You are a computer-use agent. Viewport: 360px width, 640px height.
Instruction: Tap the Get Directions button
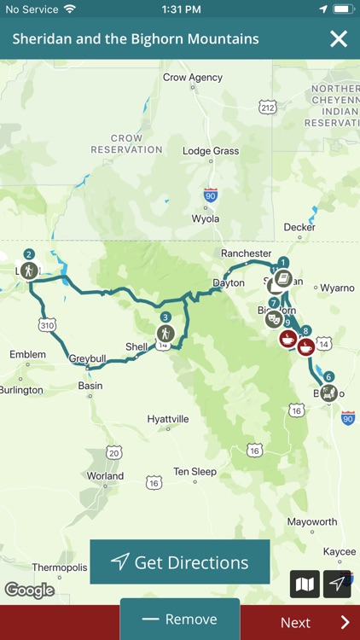[x=180, y=561]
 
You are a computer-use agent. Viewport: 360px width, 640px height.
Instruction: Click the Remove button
[x=180, y=620]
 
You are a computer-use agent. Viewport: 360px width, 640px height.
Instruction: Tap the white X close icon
[x=339, y=38]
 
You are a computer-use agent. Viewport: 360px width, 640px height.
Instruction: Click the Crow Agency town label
[x=192, y=78]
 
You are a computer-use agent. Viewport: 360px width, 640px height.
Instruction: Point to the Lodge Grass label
[x=211, y=151]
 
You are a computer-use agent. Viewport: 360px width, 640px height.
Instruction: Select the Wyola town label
[x=205, y=218]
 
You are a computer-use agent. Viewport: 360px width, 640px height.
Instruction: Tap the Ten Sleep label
[x=195, y=471]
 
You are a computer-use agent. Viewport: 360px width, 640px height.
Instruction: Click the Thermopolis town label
[x=60, y=567]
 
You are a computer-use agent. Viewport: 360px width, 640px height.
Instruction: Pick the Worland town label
[x=105, y=476]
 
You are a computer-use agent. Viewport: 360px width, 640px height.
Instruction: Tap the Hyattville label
[x=168, y=419]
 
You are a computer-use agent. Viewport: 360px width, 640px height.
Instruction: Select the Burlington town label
[x=21, y=390]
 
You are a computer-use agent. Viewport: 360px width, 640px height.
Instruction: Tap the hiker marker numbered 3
[x=165, y=332]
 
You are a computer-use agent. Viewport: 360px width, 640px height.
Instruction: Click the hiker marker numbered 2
[x=30, y=270]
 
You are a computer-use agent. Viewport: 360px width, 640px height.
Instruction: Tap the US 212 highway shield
[x=268, y=108]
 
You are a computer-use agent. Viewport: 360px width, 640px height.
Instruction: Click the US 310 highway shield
[x=47, y=325]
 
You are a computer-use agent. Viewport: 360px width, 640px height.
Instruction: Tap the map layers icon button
[x=305, y=584]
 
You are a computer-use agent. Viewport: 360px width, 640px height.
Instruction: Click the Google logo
[x=29, y=590]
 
